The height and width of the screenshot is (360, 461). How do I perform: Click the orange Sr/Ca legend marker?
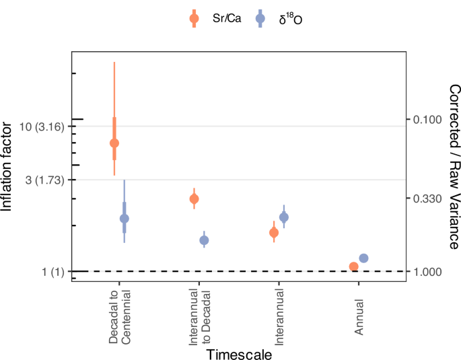(194, 18)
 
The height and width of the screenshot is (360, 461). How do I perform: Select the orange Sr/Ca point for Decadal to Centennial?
(114, 143)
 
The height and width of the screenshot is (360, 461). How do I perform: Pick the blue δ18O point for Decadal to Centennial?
(124, 219)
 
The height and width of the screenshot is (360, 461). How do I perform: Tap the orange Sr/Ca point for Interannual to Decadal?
(194, 199)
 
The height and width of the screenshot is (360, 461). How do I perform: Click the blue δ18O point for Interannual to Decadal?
(204, 240)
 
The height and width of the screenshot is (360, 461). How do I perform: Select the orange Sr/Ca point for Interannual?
(274, 232)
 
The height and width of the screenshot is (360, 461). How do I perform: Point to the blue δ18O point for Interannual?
(284, 217)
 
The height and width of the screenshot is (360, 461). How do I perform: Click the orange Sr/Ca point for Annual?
(353, 266)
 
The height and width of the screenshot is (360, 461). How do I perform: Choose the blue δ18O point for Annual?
(363, 258)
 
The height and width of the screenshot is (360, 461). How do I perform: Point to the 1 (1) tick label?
(52, 271)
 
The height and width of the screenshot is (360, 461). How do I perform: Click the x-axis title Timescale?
(239, 353)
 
